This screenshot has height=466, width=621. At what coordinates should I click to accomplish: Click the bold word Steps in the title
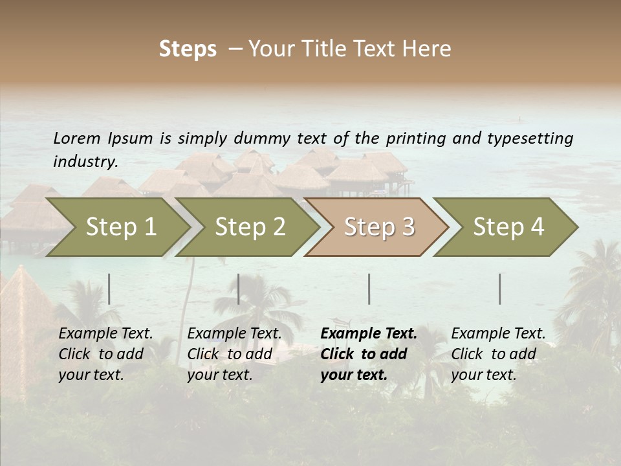click(x=188, y=49)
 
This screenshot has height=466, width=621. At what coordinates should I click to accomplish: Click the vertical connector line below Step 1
click(x=109, y=289)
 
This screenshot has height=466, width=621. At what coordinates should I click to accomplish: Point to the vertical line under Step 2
click(x=239, y=289)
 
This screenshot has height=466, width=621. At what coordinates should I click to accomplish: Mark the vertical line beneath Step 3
click(x=369, y=289)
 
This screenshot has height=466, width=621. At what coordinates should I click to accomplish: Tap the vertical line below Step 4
click(x=500, y=289)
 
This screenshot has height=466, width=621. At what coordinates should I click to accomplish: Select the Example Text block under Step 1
click(x=105, y=354)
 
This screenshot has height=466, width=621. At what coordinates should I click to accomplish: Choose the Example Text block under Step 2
click(x=234, y=354)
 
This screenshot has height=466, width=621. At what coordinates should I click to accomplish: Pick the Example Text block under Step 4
click(x=498, y=354)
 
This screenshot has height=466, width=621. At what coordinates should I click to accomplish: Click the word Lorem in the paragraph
click(x=77, y=138)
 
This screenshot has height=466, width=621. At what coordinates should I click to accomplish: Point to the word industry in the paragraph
click(x=85, y=161)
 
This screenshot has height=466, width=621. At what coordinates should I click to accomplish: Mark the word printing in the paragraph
click(x=415, y=138)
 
